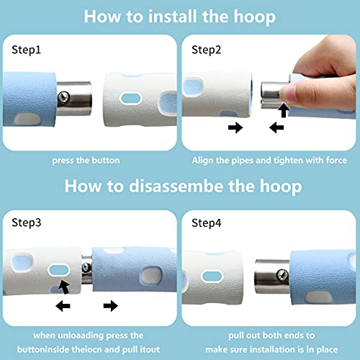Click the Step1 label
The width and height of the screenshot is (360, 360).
[26, 50]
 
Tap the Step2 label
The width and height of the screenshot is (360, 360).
[206, 50]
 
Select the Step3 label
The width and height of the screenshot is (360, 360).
[27, 222]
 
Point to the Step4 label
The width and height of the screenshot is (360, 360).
[206, 223]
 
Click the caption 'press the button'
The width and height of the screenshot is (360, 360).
[86, 161]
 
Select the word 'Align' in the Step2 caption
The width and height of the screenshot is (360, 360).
[202, 161]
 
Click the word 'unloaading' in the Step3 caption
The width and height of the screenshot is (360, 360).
[81, 336]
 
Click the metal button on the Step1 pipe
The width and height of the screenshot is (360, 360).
[64, 97]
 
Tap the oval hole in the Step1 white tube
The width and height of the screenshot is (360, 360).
[131, 99]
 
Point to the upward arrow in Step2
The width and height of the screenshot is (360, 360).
[284, 110]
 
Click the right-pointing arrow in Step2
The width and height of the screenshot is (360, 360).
[235, 127]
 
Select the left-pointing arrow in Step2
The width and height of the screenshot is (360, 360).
[276, 127]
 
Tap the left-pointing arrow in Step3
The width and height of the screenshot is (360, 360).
[63, 306]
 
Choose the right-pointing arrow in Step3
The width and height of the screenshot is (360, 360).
[111, 306]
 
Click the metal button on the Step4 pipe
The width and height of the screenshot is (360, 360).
[282, 275]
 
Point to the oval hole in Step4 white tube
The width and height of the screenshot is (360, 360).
[212, 276]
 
